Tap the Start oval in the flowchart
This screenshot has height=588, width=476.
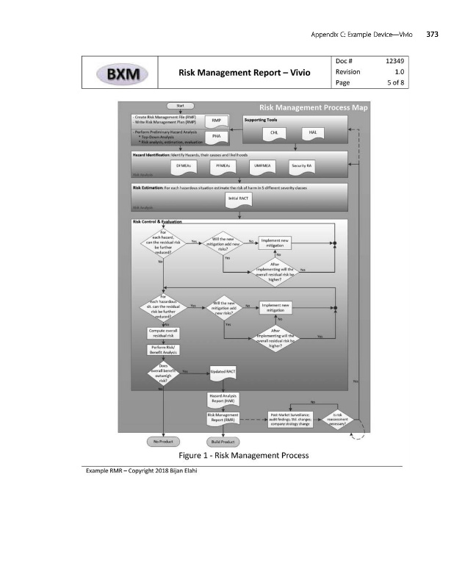[x=179, y=107]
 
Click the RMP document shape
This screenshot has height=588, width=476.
[x=217, y=121]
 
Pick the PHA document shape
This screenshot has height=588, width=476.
[x=217, y=137]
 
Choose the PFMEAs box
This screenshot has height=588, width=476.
[x=223, y=167]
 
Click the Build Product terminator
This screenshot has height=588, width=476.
[x=223, y=442]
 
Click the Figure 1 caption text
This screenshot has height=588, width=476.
[x=238, y=456]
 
